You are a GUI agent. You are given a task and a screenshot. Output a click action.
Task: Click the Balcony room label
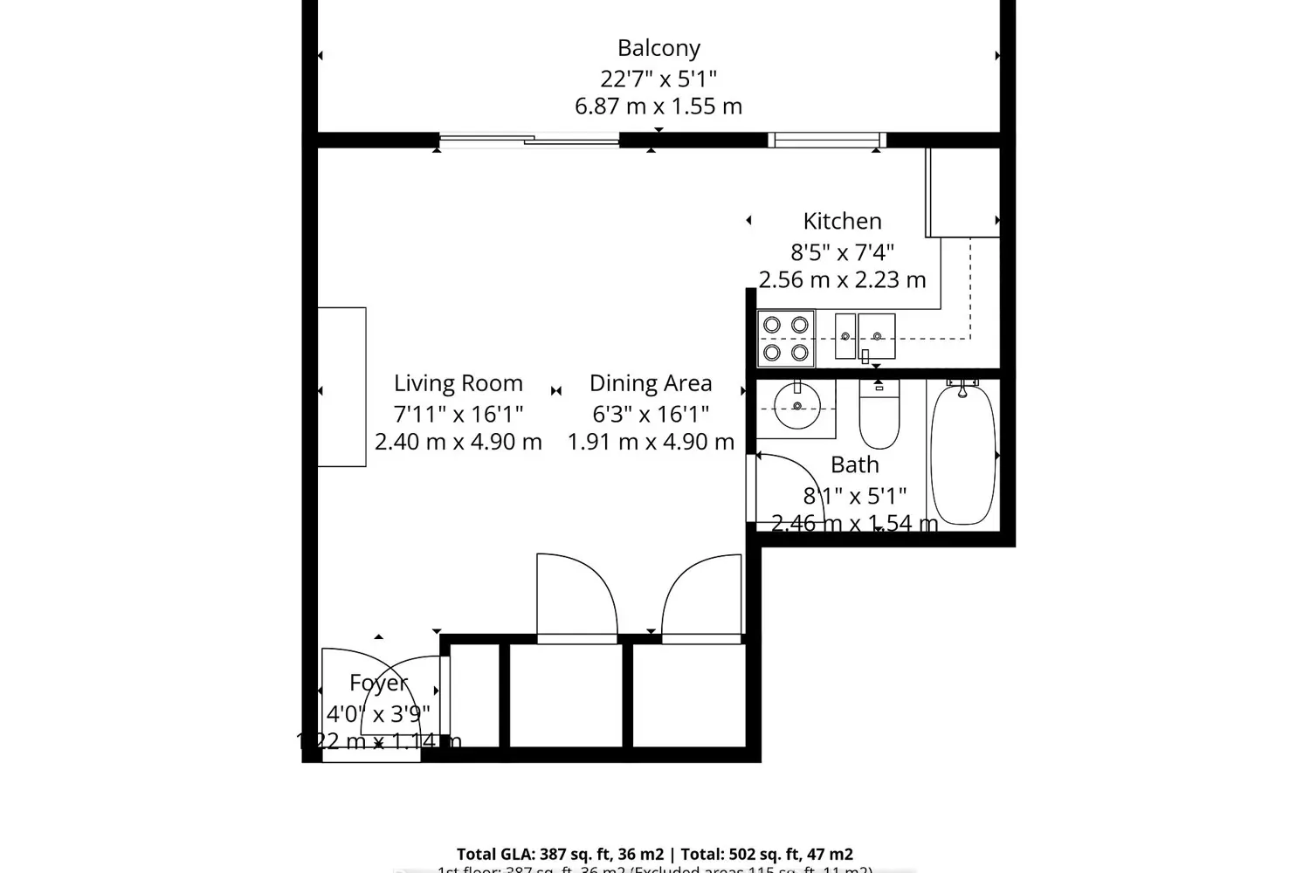click(x=658, y=48)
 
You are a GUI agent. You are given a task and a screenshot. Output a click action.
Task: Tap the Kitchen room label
click(x=842, y=221)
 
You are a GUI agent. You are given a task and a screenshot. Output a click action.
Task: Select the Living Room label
click(x=458, y=383)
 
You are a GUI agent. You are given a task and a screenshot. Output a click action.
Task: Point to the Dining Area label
click(x=651, y=383)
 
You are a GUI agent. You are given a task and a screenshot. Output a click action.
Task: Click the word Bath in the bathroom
click(x=854, y=464)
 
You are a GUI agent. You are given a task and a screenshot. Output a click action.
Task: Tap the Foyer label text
click(x=378, y=683)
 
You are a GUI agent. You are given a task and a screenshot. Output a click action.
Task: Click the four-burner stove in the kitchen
click(x=785, y=339)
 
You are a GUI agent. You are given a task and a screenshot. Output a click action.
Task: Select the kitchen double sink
click(x=865, y=336)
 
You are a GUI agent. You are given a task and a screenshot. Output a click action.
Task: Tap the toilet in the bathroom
click(x=879, y=416)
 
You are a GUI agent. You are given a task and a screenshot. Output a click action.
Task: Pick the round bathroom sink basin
click(x=796, y=407)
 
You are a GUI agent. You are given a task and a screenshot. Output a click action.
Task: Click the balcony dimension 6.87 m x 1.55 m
click(x=658, y=107)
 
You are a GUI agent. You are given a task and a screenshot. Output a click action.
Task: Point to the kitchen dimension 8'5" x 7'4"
click(x=842, y=252)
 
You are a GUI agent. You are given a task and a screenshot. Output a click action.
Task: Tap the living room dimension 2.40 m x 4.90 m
click(x=458, y=442)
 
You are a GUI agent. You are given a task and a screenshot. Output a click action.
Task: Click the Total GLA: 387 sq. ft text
click(x=559, y=854)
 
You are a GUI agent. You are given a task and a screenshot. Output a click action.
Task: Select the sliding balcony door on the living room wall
click(x=528, y=139)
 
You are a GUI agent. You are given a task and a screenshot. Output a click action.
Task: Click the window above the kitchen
click(x=827, y=140)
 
